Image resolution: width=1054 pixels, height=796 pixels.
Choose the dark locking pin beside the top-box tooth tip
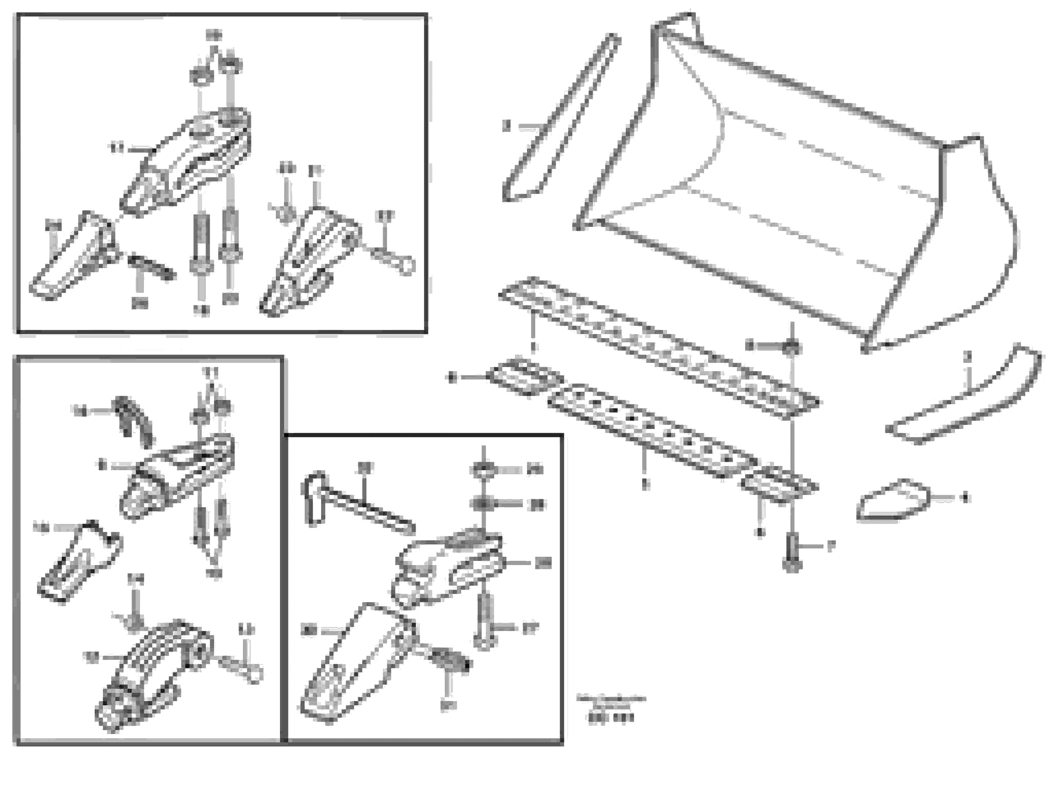pyautogui.click(x=152, y=267)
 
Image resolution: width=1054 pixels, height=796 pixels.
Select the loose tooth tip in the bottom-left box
pyautogui.click(x=79, y=562)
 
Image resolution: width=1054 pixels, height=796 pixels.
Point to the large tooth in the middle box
pyautogui.click(x=355, y=663)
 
